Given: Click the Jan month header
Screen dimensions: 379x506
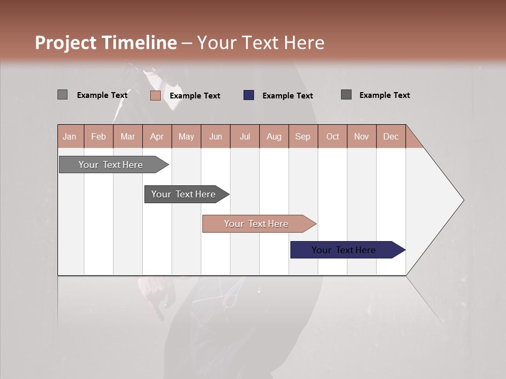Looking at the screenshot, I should point(70,136).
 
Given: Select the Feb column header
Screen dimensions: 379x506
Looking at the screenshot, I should point(99,136).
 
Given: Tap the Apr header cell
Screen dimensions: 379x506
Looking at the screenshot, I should point(157,136).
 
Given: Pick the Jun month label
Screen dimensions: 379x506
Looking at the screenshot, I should point(216,136).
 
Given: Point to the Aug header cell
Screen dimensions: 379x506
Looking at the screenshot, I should point(274,136).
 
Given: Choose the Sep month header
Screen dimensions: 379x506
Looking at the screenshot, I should point(303,136).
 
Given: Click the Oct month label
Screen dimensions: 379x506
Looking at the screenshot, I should point(333,136).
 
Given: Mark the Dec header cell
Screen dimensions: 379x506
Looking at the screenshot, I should point(391,136).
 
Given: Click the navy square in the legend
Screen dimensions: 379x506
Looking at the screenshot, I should point(249,95).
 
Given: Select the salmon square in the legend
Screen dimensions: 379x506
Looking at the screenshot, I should point(155,95).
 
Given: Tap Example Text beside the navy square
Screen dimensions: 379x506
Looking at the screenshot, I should point(288,96).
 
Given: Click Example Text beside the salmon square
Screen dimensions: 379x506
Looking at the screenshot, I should point(195,96).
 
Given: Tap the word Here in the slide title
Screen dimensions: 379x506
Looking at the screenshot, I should point(304,43).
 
